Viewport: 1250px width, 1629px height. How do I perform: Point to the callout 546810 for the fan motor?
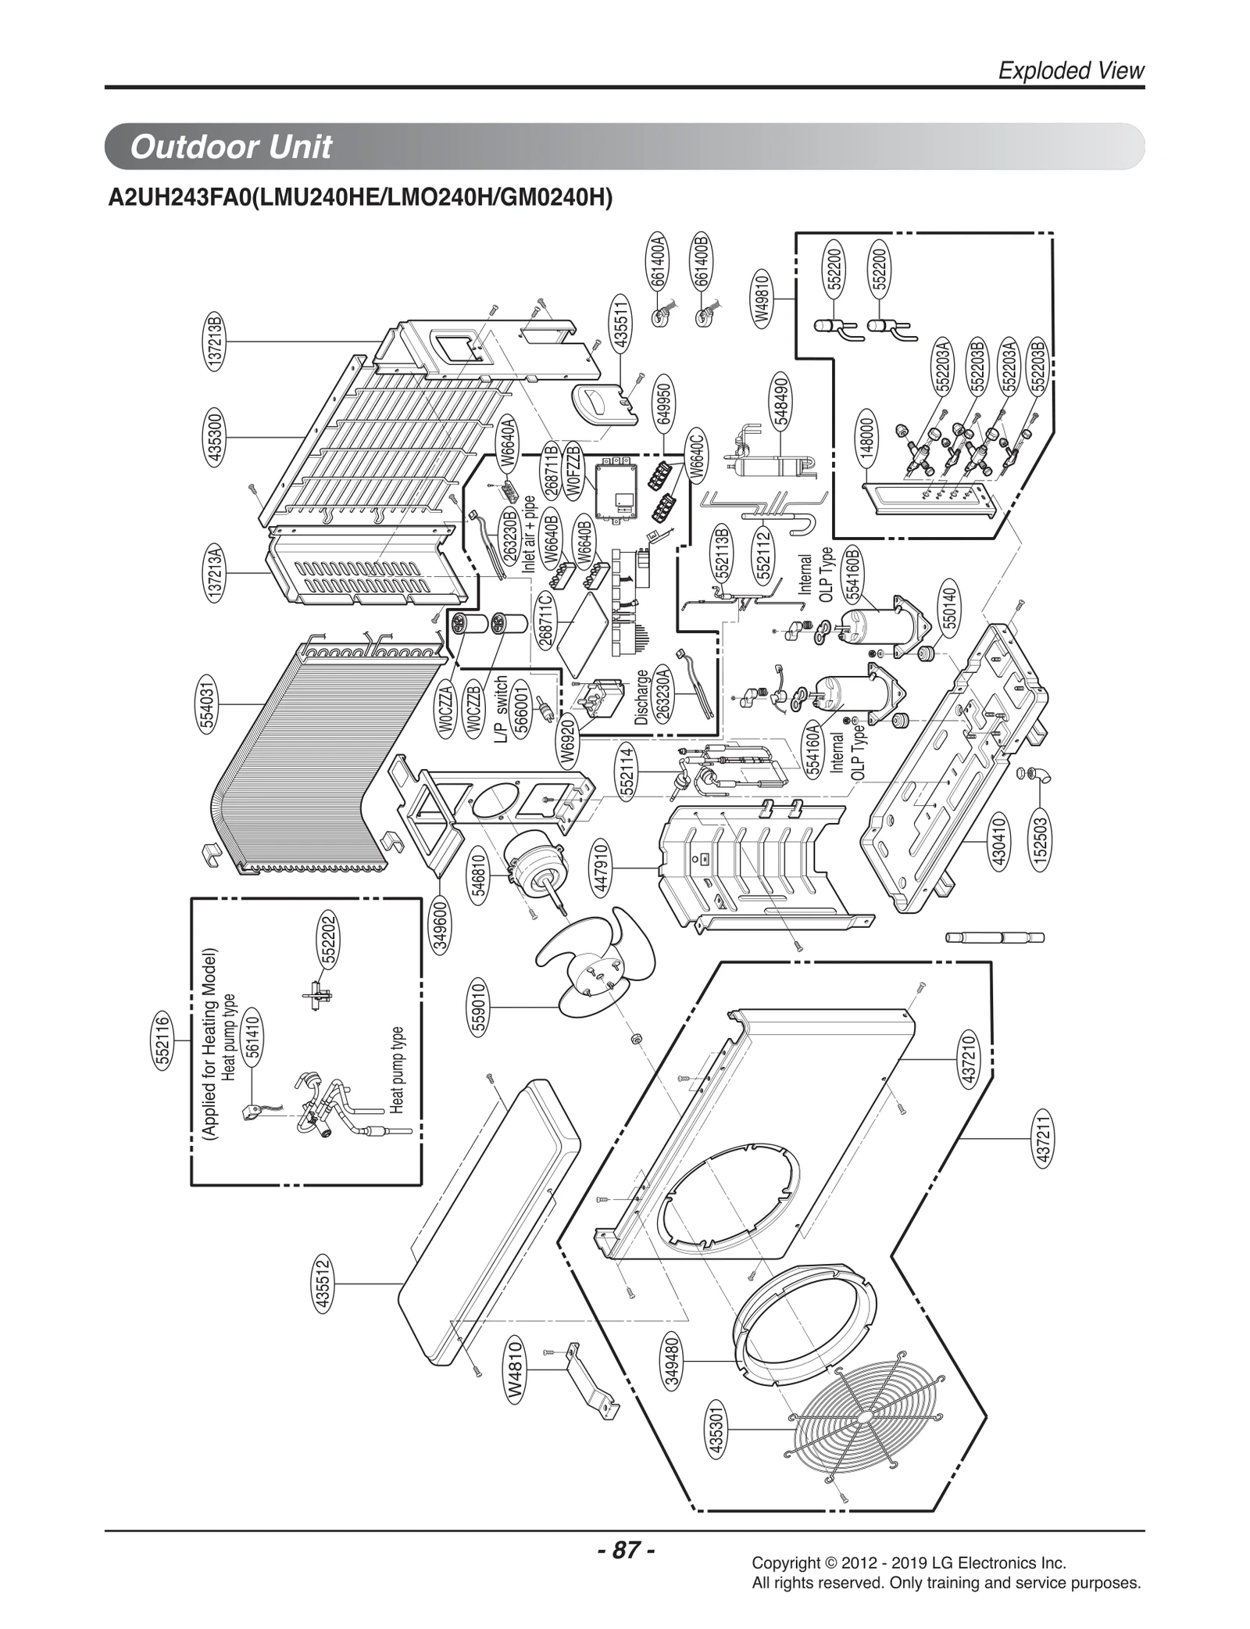coord(481,875)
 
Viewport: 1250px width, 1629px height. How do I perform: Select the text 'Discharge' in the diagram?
coord(642,697)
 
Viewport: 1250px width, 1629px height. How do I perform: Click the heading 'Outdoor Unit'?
coord(231,147)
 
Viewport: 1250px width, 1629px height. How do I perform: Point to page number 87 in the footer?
coord(625,1550)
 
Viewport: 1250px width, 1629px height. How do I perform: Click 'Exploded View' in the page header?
coord(1071,71)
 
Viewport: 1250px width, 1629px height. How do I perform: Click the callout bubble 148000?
coord(867,441)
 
